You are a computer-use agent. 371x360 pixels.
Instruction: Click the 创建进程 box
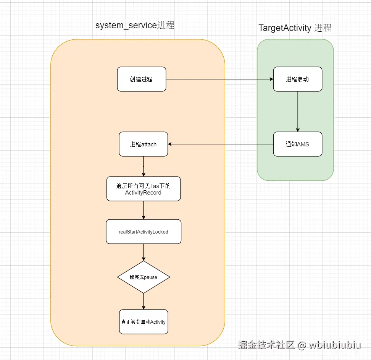click(141, 79)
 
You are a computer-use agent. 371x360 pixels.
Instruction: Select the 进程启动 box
click(297, 79)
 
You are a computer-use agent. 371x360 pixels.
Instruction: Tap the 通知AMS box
click(297, 144)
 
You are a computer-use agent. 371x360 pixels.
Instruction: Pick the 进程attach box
click(143, 144)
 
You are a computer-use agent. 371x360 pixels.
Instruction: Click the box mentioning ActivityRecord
click(143, 189)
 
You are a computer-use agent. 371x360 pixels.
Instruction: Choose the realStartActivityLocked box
click(143, 232)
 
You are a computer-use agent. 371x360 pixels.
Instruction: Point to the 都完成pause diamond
click(143, 277)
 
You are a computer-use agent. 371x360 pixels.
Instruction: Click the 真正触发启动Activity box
click(143, 322)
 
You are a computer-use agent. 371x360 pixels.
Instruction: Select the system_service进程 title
click(135, 26)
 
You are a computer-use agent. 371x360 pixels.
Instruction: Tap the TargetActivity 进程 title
click(295, 28)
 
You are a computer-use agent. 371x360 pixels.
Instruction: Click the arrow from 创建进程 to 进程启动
click(219, 79)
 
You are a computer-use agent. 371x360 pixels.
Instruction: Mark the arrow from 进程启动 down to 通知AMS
click(298, 111)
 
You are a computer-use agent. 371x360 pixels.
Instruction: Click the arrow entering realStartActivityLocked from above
click(144, 210)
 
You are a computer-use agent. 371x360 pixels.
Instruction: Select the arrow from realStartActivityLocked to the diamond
click(144, 252)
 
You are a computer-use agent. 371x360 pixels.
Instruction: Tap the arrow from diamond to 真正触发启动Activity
click(144, 301)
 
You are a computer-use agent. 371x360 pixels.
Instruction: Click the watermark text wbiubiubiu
click(335, 345)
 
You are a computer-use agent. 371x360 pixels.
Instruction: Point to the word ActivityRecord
click(143, 193)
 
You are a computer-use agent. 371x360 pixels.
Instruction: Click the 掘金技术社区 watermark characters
click(266, 345)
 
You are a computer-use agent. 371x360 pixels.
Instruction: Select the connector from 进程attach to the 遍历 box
click(144, 166)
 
